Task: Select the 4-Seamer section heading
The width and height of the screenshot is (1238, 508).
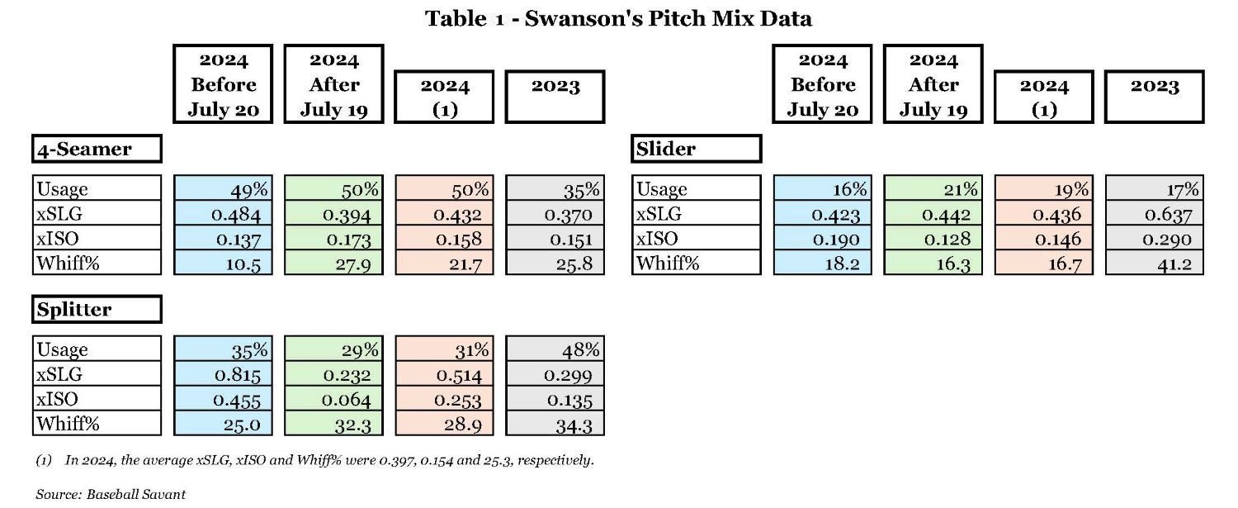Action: (97, 149)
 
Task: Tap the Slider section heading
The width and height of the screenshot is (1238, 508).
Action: (696, 149)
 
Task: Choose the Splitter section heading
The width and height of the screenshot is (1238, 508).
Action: (97, 310)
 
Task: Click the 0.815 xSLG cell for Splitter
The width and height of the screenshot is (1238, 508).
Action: (223, 374)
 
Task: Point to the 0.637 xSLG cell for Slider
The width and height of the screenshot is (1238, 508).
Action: (1154, 214)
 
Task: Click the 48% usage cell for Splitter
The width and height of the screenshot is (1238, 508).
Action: (555, 349)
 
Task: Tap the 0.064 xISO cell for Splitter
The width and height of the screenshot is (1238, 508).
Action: (333, 399)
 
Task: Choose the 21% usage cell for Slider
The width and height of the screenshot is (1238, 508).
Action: (933, 189)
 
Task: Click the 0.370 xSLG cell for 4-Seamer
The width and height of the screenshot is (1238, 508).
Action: (555, 214)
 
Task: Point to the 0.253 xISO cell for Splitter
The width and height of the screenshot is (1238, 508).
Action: (444, 399)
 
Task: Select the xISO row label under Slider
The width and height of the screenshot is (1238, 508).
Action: (696, 239)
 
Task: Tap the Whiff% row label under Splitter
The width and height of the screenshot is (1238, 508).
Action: (97, 424)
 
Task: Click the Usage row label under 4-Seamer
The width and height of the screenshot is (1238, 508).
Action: (97, 189)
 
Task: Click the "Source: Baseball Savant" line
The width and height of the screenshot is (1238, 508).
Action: (111, 494)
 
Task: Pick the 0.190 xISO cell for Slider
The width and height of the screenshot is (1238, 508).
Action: (822, 239)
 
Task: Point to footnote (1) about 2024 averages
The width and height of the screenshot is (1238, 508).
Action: (314, 460)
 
